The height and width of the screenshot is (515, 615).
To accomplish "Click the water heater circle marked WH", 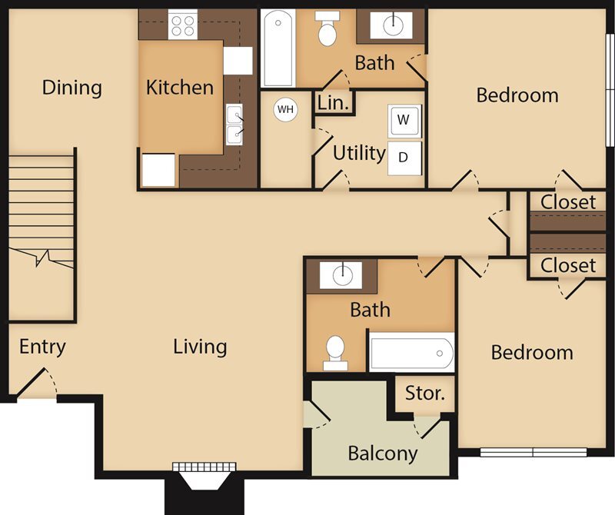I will pyautogui.click(x=286, y=109).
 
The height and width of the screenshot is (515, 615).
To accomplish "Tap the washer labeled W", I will pyautogui.click(x=404, y=121).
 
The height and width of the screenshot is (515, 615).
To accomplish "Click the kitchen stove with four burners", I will pyautogui.click(x=182, y=25).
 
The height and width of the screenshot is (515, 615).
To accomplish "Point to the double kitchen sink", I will pyautogui.click(x=234, y=125).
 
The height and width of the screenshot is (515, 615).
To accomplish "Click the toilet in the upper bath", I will pyautogui.click(x=328, y=31).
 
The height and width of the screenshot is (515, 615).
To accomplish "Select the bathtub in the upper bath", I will pyautogui.click(x=277, y=48).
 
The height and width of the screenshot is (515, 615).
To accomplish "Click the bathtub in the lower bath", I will pyautogui.click(x=411, y=353).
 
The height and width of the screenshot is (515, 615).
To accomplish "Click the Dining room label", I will pyautogui.click(x=71, y=87).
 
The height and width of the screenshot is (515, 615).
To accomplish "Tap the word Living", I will pyautogui.click(x=200, y=347).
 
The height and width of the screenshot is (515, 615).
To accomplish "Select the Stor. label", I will pyautogui.click(x=425, y=394).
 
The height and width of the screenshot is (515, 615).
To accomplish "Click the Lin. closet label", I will pyautogui.click(x=333, y=102).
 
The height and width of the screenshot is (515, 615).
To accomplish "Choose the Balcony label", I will pyautogui.click(x=382, y=453).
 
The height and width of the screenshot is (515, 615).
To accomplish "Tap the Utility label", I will pyautogui.click(x=358, y=153).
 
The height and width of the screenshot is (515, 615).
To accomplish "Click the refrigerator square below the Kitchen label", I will pyautogui.click(x=159, y=170).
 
